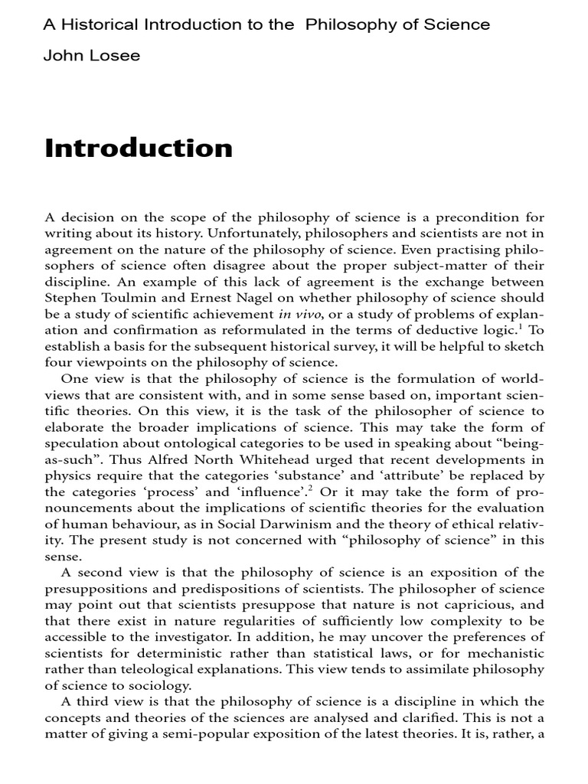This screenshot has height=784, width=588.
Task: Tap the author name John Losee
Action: (x=91, y=56)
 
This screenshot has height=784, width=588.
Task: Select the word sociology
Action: (x=153, y=685)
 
